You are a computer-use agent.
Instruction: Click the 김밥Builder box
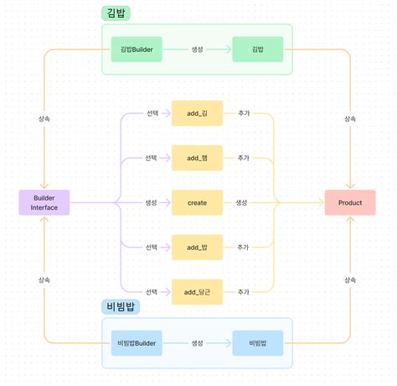click(137, 50)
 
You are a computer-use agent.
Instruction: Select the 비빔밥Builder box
click(137, 343)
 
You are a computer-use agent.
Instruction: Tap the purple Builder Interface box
click(44, 202)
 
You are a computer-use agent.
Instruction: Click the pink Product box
click(350, 202)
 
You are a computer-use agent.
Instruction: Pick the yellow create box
click(197, 202)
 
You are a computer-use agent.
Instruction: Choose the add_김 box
click(197, 113)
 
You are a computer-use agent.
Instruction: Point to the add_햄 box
click(197, 158)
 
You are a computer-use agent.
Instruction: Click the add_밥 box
click(197, 247)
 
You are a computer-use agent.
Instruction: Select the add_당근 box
click(197, 291)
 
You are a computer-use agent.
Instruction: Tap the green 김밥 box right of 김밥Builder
click(257, 50)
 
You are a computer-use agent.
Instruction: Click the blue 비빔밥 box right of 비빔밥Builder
click(257, 343)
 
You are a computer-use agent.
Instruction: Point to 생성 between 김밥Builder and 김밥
click(197, 50)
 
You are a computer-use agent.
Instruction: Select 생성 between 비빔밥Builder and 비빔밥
click(197, 343)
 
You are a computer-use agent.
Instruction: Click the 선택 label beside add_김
click(152, 113)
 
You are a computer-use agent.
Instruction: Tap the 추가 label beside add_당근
click(243, 291)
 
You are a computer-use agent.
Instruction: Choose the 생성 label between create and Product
click(241, 202)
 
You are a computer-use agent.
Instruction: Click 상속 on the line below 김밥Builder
click(44, 119)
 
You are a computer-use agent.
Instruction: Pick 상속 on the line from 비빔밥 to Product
click(350, 279)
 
